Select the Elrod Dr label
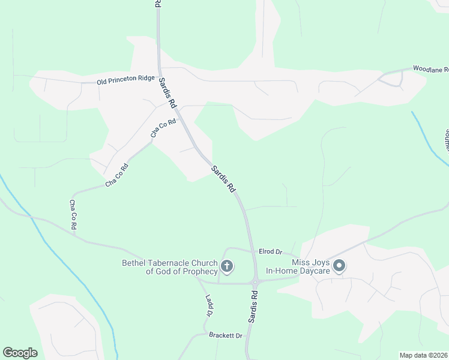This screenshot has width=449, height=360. [270, 251]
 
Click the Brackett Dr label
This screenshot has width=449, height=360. [225, 335]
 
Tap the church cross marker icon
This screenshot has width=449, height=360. [227, 266]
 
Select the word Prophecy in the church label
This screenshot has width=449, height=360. [197, 271]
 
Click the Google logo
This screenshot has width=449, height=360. [20, 353]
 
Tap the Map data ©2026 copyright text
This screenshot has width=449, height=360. [423, 355]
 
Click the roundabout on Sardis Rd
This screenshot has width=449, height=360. [255, 282]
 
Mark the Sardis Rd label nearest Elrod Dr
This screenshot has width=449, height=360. [222, 178]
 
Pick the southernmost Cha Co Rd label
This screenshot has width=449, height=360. [73, 215]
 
